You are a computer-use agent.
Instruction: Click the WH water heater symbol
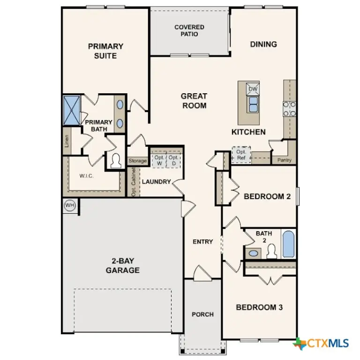(x=70, y=205)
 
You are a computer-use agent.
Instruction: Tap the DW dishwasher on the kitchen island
(x=253, y=89)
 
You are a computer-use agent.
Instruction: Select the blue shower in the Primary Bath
(x=72, y=111)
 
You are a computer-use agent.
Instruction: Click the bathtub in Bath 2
(x=288, y=244)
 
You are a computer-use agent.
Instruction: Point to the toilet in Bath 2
(x=271, y=252)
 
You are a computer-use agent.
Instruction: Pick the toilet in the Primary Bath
(x=115, y=161)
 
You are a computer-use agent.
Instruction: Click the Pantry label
(x=284, y=160)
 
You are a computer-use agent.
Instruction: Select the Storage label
(x=137, y=161)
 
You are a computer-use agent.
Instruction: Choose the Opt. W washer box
(x=159, y=160)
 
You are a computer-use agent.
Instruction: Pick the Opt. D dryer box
(x=173, y=160)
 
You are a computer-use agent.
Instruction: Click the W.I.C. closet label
(x=88, y=176)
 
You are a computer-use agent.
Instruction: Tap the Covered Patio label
(x=189, y=30)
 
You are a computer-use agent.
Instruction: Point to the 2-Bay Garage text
(x=122, y=266)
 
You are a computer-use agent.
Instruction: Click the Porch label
(x=202, y=314)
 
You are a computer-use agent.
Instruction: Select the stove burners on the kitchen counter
(x=289, y=109)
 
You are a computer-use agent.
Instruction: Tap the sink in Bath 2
(x=254, y=253)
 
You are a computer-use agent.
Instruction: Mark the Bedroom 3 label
(x=259, y=307)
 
